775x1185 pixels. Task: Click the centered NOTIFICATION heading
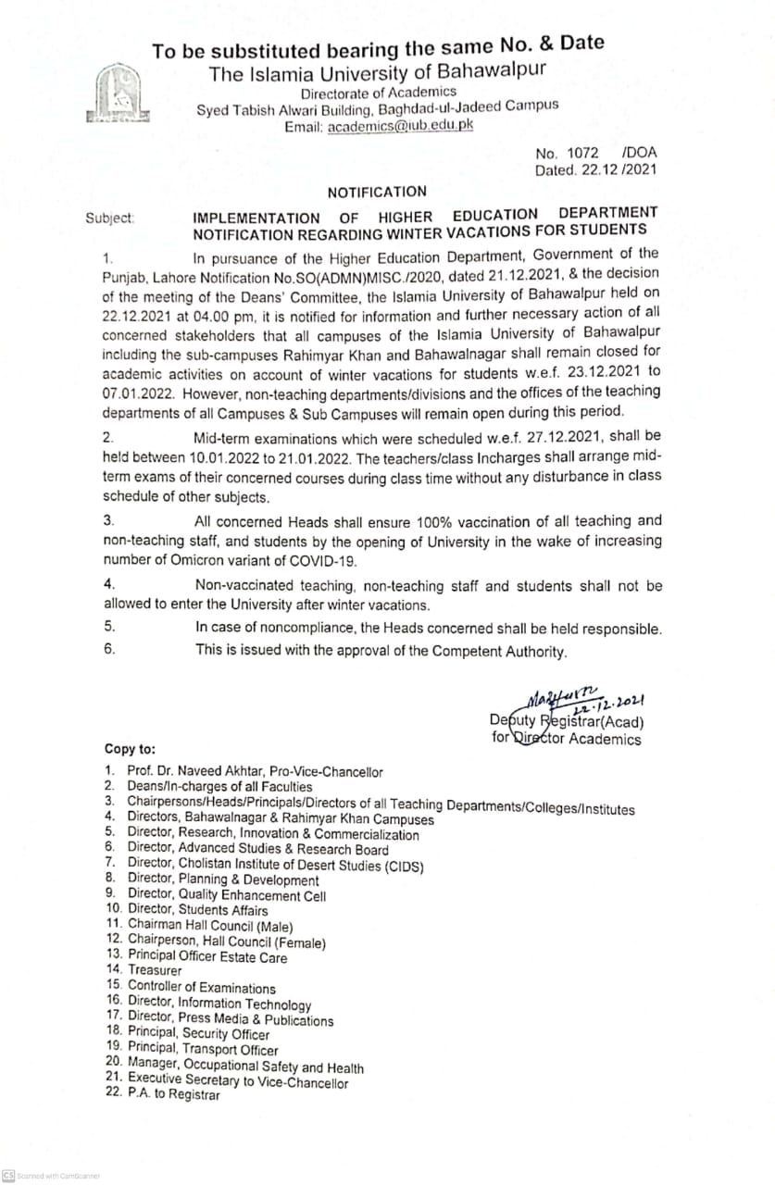tap(377, 192)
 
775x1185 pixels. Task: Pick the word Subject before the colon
tap(108, 218)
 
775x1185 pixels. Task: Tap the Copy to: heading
tap(130, 749)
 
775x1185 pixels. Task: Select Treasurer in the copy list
tap(155, 970)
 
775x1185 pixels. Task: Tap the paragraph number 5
tap(109, 627)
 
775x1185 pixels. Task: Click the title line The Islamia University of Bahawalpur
tap(377, 72)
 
